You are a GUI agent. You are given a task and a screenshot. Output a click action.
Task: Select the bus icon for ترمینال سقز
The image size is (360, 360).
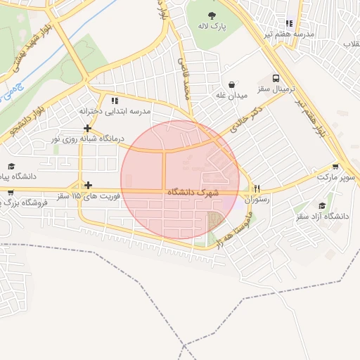[x=276, y=79]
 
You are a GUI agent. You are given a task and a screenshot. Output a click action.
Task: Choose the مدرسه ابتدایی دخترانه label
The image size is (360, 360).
[x=115, y=112]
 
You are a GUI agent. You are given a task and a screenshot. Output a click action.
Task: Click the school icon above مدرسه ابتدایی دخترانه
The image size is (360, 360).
[x=115, y=101]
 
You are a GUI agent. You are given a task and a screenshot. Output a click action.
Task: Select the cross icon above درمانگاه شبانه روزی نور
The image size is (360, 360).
[x=87, y=128]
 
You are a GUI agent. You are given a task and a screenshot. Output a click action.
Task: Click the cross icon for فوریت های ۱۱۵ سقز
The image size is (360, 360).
[x=87, y=186]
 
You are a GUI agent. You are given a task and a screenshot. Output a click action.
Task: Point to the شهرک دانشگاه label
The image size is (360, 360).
[x=193, y=192]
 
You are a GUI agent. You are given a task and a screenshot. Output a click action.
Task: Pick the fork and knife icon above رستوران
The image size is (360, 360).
[x=257, y=188]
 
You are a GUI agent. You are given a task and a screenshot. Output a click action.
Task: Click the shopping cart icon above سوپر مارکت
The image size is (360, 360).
[x=335, y=167]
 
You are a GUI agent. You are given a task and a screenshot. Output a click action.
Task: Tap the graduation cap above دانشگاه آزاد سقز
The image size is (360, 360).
[x=322, y=205]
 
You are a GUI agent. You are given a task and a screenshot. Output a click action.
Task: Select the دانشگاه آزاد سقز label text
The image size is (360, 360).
[x=323, y=216]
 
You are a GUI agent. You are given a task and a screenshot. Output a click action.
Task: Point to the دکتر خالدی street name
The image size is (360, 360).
[x=243, y=120]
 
